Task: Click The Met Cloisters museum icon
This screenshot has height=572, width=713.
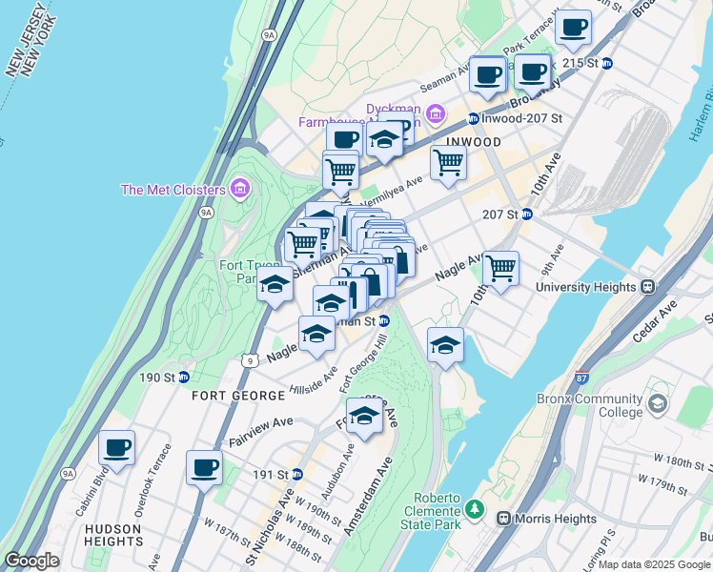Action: (x=239, y=189)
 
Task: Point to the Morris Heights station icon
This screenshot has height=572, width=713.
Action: (x=504, y=518)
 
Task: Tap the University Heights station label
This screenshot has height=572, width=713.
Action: (x=585, y=286)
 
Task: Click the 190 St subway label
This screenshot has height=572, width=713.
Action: (x=153, y=378)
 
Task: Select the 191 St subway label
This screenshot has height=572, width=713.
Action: (x=270, y=474)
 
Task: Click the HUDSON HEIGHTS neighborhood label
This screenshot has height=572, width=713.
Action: (x=112, y=535)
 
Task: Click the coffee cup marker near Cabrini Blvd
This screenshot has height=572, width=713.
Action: (x=116, y=447)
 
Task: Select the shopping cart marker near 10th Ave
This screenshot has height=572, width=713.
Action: (x=500, y=269)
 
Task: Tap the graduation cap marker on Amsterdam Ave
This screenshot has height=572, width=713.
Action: (x=363, y=416)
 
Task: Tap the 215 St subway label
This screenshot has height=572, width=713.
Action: (x=579, y=63)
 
